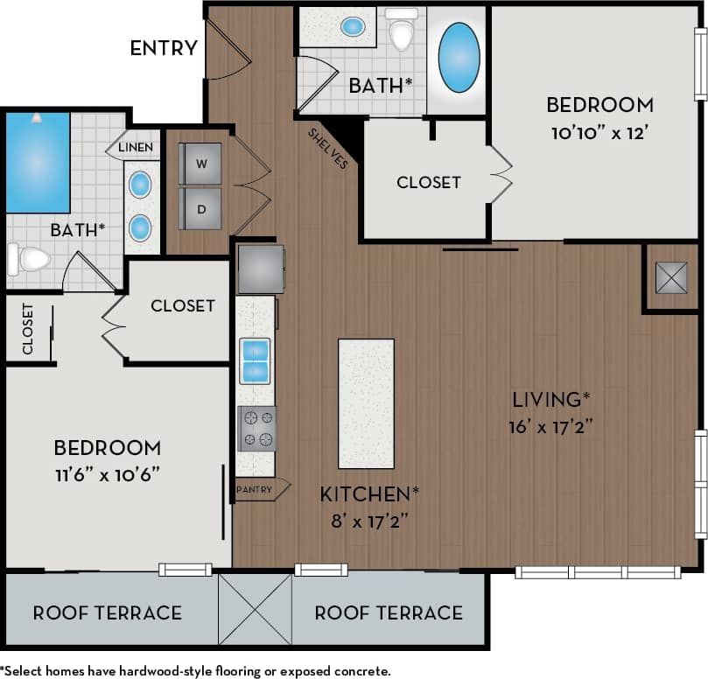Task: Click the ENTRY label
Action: [164, 48]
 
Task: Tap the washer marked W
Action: [200, 164]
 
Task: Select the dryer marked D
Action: [200, 209]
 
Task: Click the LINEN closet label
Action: [136, 147]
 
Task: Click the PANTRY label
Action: [255, 489]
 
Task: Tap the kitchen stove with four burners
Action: [256, 429]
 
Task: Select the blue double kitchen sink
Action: [256, 360]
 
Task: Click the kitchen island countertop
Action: [366, 403]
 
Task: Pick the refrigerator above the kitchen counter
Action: [261, 269]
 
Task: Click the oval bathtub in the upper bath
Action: [459, 58]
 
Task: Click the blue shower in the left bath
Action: [38, 163]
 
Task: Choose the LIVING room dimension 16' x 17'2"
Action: [550, 427]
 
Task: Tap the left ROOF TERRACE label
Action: [107, 612]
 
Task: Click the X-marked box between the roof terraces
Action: [255, 610]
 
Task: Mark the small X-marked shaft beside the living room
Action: [671, 277]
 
